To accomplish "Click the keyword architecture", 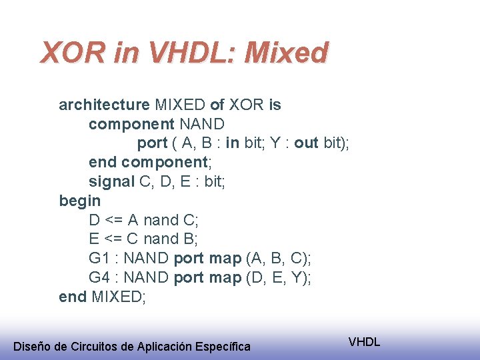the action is [x=104, y=105].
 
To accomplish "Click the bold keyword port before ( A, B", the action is [x=152, y=143].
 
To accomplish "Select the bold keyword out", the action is [x=306, y=143].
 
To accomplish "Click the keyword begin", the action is [x=80, y=201].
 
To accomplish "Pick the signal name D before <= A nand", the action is [x=95, y=220].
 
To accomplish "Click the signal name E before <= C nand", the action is [x=94, y=239].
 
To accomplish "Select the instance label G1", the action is [x=99, y=258].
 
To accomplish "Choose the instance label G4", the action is [x=99, y=277].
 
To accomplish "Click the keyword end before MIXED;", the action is [x=73, y=296].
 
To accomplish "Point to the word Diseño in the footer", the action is [x=32, y=346].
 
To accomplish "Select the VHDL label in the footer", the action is [x=364, y=342].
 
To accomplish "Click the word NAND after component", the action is [x=203, y=124].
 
